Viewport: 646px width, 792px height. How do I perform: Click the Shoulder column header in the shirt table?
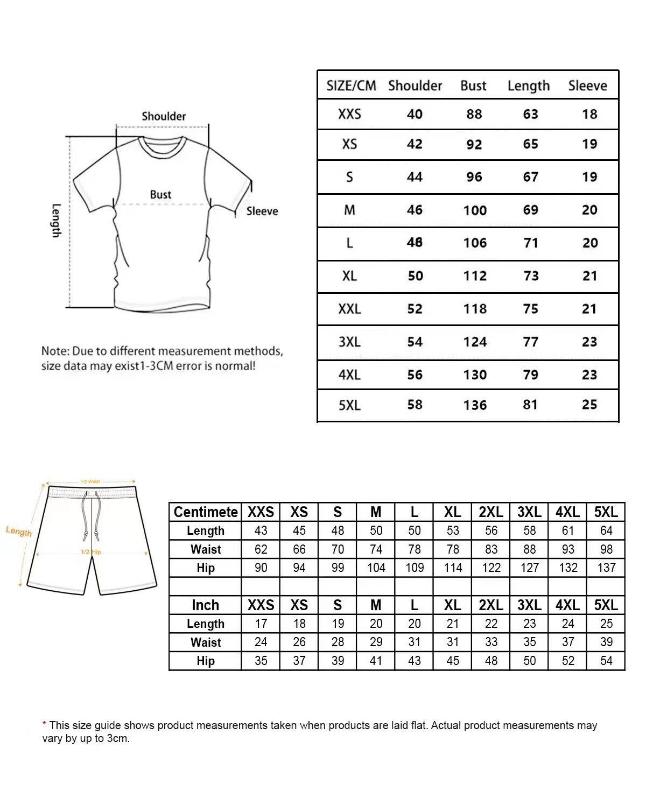point(415,86)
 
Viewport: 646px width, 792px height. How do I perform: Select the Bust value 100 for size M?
point(475,210)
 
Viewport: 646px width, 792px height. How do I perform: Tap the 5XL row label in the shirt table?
point(349,405)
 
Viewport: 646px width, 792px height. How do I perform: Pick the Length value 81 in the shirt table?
point(530,405)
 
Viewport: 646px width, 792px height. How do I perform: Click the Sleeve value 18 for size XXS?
point(589,114)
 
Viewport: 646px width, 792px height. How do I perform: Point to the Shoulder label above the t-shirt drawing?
point(164,116)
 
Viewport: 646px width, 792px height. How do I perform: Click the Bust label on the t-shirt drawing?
point(160,195)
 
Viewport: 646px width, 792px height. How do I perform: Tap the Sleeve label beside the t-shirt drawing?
point(262,211)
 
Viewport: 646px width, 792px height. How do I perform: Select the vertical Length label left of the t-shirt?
point(57,220)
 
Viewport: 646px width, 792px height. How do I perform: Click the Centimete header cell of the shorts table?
point(206,512)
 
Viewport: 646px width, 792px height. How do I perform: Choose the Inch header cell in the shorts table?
point(206,605)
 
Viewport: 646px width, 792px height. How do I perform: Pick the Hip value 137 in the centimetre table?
point(606,568)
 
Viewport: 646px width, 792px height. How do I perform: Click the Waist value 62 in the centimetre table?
point(261,549)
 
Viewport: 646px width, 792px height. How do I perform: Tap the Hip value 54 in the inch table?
point(606,661)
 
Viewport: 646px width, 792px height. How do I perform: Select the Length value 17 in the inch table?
point(261,624)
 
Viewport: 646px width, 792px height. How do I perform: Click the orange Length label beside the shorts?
point(19,532)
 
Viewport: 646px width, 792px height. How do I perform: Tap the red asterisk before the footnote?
point(44,725)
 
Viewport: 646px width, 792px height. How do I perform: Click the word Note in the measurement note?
point(54,351)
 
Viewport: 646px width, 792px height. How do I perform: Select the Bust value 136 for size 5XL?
point(475,405)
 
